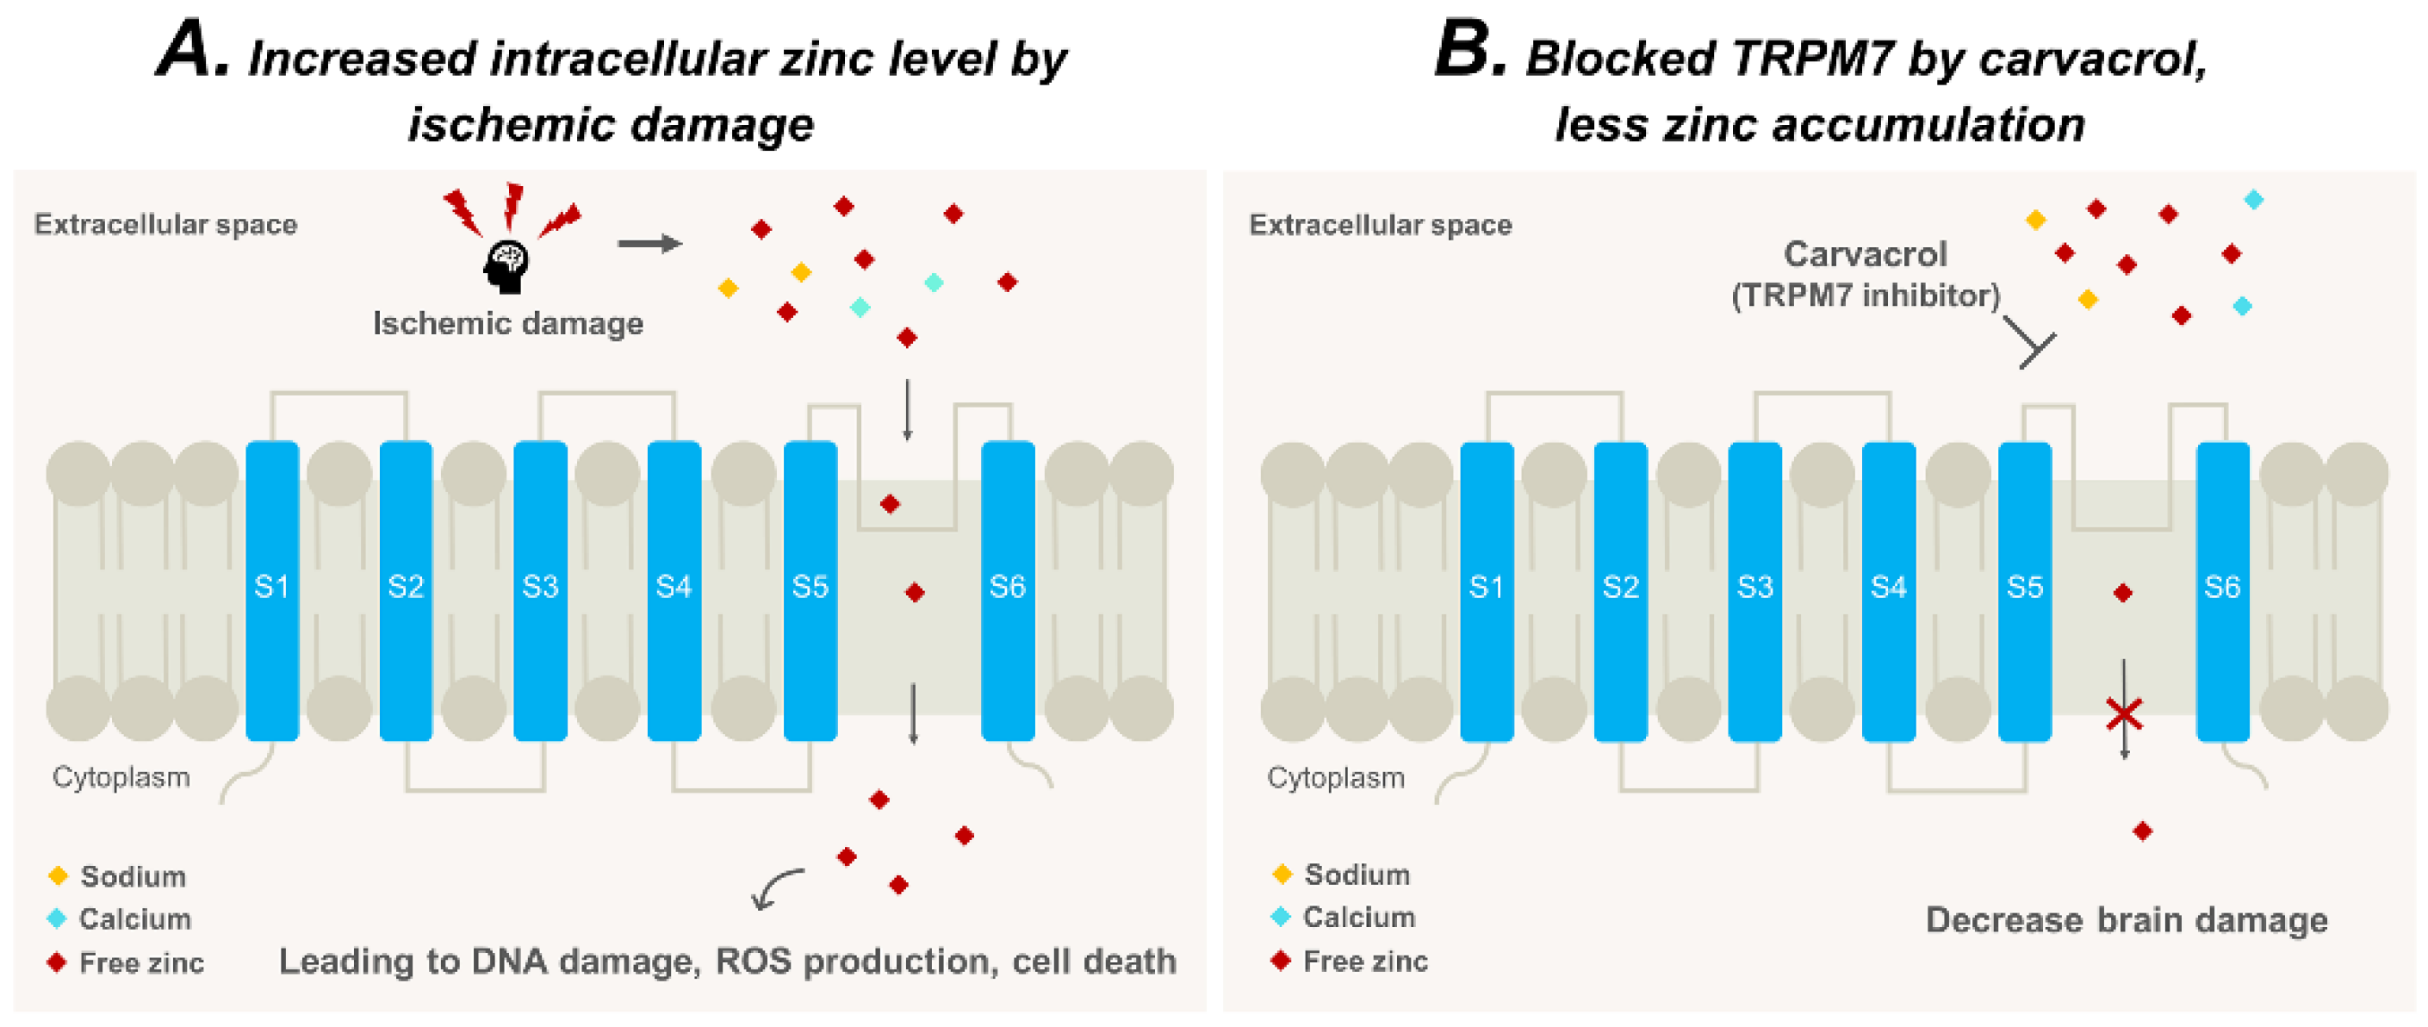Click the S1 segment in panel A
click(x=272, y=588)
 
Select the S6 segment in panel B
click(x=2221, y=588)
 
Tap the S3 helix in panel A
click(x=540, y=588)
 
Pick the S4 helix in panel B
click(x=1888, y=588)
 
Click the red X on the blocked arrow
click(x=2125, y=715)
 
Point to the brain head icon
click(x=507, y=267)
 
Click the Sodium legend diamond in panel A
click(x=58, y=876)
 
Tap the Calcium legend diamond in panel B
click(x=1281, y=917)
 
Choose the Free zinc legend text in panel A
click(x=141, y=963)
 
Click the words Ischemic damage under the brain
click(x=508, y=323)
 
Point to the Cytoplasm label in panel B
click(x=1335, y=778)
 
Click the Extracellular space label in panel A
click(x=166, y=225)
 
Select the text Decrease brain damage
click(x=2126, y=919)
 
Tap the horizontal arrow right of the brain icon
click(x=650, y=243)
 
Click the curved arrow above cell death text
click(x=776, y=887)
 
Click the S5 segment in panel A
click(x=810, y=588)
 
